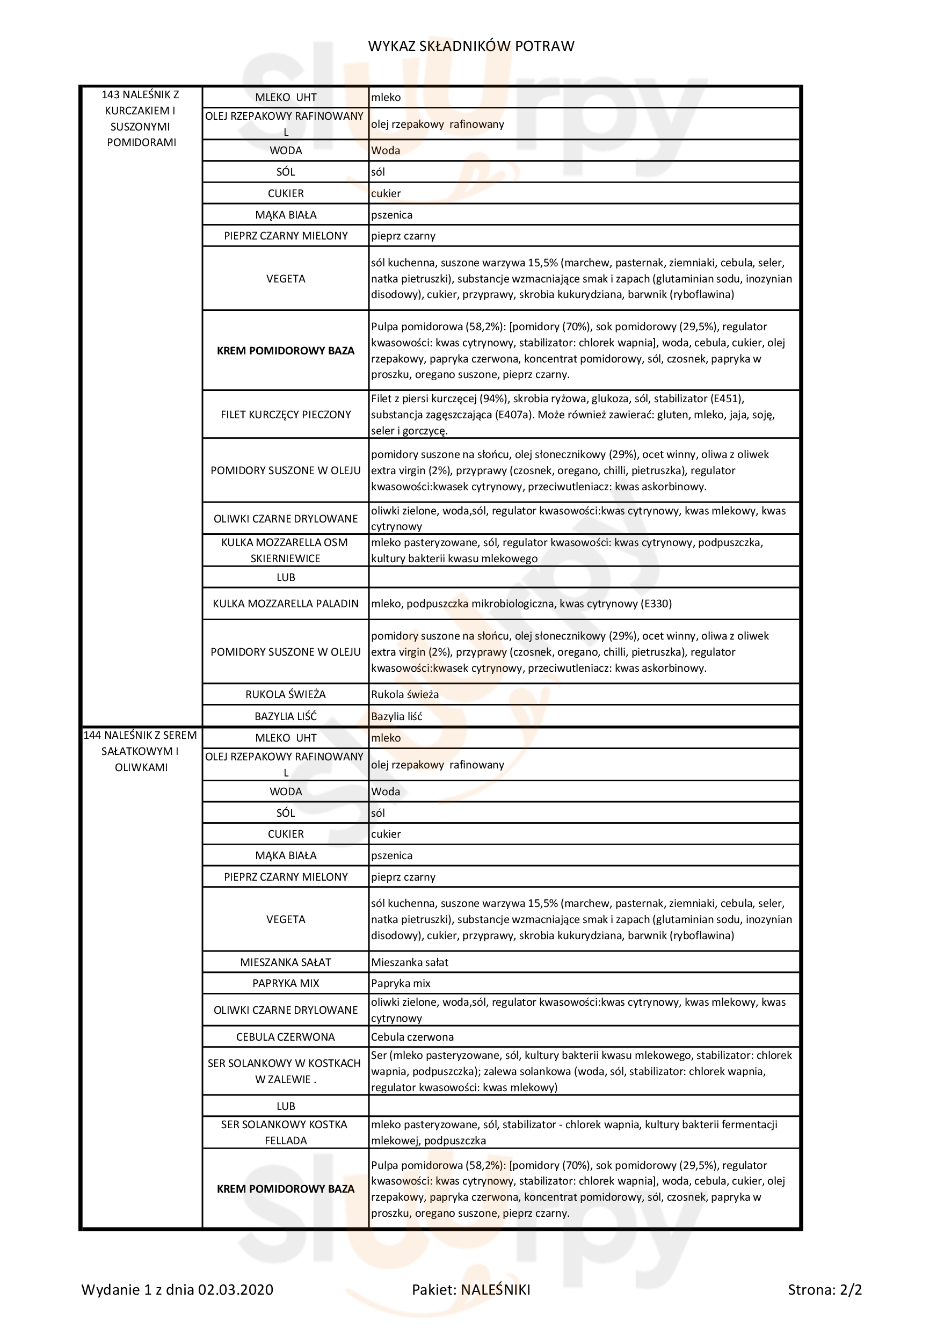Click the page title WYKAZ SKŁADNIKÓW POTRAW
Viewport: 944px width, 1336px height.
471,47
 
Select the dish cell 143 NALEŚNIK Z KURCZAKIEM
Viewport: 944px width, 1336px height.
141,118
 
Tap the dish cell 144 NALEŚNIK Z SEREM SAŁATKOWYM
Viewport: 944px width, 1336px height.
141,751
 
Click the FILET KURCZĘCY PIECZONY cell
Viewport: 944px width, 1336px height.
285,415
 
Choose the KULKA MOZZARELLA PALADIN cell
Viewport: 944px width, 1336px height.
285,604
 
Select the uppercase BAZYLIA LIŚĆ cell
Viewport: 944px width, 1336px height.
285,717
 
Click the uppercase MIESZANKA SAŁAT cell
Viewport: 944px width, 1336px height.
285,962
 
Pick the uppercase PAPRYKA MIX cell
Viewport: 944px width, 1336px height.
285,983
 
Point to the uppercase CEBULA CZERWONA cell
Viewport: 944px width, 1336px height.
285,1037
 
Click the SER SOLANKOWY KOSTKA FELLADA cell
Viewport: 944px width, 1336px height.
285,1132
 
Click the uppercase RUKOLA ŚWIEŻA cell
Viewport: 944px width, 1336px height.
285,695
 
